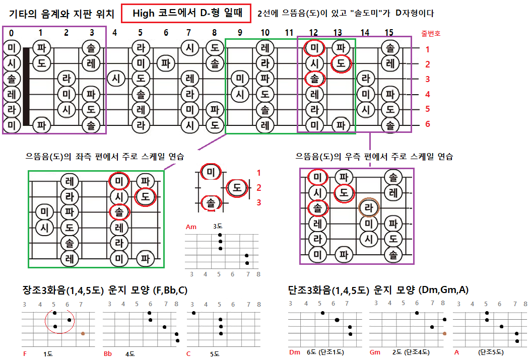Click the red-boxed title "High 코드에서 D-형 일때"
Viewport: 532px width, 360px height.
[x=186, y=14]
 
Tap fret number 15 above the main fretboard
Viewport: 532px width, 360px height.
[x=389, y=33]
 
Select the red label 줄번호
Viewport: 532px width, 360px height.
[x=431, y=34]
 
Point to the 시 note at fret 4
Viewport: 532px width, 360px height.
[x=116, y=79]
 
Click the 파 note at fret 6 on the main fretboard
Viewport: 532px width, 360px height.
[x=165, y=63]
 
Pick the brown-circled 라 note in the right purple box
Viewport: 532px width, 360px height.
[x=368, y=207]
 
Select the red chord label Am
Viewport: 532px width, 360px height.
[x=191, y=227]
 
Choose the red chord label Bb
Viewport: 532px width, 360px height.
[x=108, y=354]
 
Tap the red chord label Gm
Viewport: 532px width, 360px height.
[x=375, y=352]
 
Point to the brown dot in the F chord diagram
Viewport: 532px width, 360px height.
[x=83, y=333]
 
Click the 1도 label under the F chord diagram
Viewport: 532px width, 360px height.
[x=48, y=354]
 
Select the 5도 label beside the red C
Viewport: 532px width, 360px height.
[x=215, y=354]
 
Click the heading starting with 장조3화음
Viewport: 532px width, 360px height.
[x=106, y=291]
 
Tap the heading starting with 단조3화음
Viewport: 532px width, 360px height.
[x=378, y=290]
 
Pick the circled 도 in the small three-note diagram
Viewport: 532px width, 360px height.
[x=237, y=188]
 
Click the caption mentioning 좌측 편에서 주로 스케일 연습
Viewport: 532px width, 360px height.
[x=105, y=157]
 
